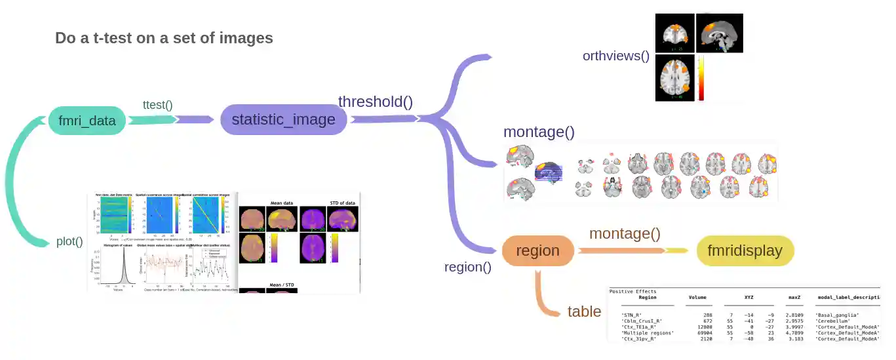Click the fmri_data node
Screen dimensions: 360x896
click(87, 121)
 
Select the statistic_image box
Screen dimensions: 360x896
click(283, 119)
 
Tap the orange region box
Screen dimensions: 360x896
click(537, 250)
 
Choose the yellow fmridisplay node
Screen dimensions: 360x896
click(745, 250)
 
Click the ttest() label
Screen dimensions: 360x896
click(157, 104)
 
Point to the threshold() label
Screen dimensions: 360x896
click(375, 102)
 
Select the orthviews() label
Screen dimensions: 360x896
click(615, 56)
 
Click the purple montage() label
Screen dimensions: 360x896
click(539, 132)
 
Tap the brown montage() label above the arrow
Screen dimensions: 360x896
click(625, 233)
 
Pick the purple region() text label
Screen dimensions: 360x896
click(467, 267)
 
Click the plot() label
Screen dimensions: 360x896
click(69, 241)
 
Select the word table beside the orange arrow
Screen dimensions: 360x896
click(584, 311)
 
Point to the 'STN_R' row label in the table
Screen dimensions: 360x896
click(633, 315)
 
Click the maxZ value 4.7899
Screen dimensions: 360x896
click(795, 332)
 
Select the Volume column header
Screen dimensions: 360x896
click(697, 297)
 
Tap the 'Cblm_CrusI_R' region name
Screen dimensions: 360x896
click(641, 321)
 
